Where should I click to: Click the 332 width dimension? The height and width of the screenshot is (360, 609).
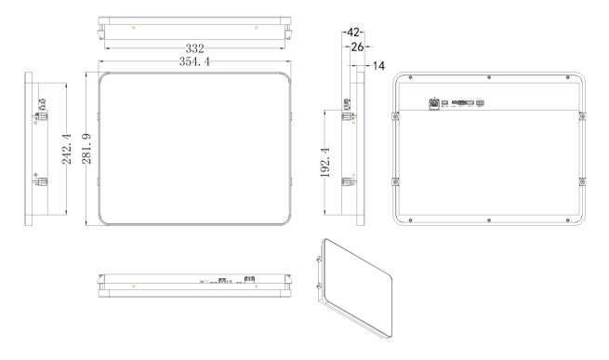[x=194, y=47]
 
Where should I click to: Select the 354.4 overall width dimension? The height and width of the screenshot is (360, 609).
[x=194, y=61]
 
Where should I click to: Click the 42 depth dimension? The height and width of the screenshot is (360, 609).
[x=353, y=32]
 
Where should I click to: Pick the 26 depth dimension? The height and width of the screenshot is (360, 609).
[x=354, y=45]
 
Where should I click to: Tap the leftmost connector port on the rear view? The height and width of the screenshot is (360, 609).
[x=433, y=103]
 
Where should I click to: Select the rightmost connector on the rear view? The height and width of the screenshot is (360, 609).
[x=481, y=103]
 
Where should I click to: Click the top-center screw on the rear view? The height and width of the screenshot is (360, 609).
[x=489, y=78]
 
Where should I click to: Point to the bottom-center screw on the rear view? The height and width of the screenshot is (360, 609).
[x=489, y=220]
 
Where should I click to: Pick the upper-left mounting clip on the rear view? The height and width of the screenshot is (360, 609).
[x=396, y=115]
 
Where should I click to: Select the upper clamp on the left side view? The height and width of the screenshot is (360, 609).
[x=40, y=116]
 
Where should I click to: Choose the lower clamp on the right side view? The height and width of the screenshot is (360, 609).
[x=348, y=181]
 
